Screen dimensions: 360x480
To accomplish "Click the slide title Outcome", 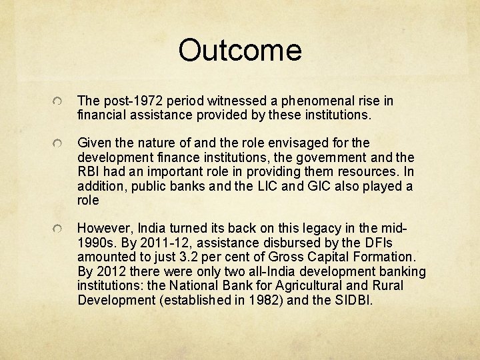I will (240, 50).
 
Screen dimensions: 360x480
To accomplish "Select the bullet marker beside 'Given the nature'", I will (59, 143).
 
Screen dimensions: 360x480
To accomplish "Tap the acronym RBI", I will (89, 171).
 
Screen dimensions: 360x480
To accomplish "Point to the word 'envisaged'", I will (291, 143).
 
